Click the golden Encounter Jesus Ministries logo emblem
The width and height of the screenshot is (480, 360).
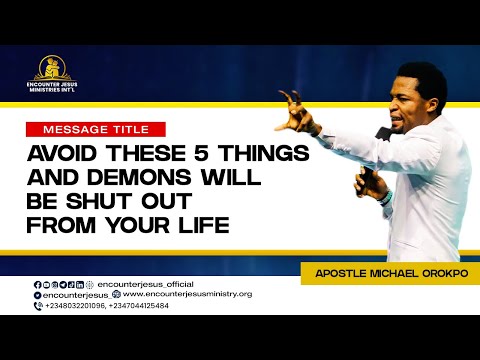coord(55,67)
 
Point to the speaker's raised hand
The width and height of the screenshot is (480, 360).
coord(294,110)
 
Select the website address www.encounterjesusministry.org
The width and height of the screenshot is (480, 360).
coord(176,294)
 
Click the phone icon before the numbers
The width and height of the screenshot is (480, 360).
coord(37,305)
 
